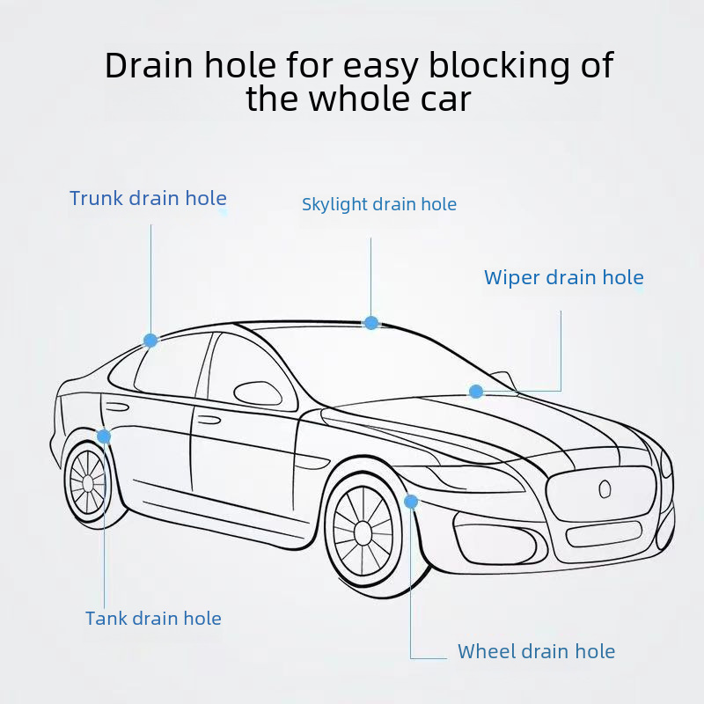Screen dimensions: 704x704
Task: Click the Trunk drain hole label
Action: coord(148,199)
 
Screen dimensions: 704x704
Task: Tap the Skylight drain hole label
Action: coord(378,205)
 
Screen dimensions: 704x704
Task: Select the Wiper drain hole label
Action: coord(563,278)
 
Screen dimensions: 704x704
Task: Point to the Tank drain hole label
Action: coord(153,619)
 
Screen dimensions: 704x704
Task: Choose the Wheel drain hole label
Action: coord(536,652)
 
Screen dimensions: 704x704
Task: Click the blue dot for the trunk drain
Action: coord(150,340)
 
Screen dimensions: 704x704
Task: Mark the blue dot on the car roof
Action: coord(371,323)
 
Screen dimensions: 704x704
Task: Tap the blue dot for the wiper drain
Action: coord(476,392)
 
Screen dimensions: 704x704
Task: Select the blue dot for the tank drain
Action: coord(104,436)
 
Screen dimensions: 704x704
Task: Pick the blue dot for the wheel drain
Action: coord(411,502)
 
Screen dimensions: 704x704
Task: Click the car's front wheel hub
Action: coord(363,531)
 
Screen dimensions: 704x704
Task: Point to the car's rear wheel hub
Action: coord(87,483)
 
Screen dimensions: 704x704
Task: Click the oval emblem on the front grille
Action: coord(605,489)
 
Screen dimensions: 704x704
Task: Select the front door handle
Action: coord(209,420)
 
